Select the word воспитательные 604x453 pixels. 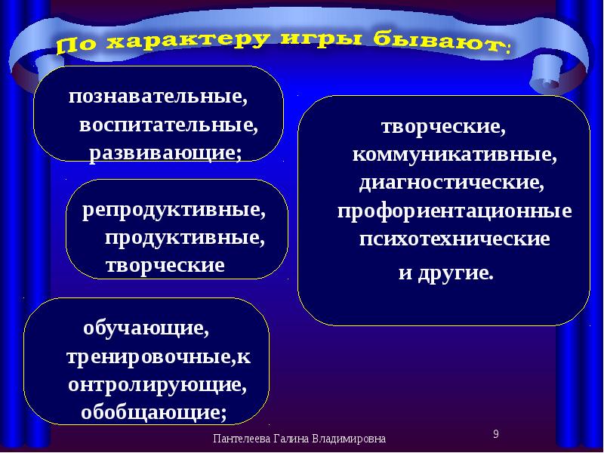point(173,125)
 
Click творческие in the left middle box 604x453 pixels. point(165,265)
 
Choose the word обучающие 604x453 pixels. point(146,329)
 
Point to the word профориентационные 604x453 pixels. point(454,211)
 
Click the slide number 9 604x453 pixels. point(495,433)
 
